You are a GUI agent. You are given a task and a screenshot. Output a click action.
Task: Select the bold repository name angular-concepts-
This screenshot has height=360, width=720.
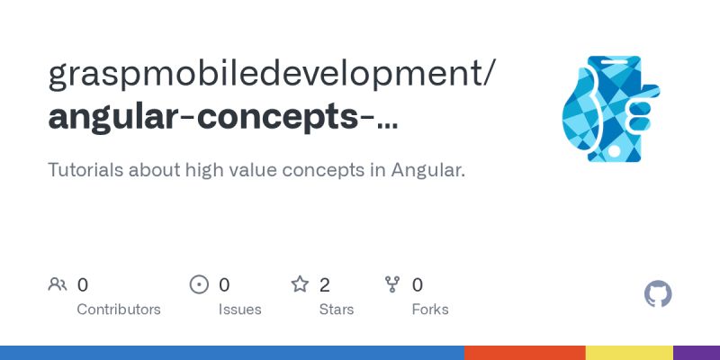[222, 118]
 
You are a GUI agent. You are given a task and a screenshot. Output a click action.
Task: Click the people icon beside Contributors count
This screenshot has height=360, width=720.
[58, 285]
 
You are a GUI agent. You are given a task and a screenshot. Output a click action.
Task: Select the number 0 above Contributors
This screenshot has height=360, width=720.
[83, 285]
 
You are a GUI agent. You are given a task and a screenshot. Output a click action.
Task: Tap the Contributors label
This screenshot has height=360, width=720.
[119, 310]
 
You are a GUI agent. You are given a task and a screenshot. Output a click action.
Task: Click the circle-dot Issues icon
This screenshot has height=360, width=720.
[199, 285]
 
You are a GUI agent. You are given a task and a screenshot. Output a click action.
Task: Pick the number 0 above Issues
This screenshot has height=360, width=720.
[224, 285]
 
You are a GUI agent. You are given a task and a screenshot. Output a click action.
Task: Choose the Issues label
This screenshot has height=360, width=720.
[239, 310]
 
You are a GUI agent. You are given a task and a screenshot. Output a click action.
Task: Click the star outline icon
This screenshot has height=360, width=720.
[300, 285]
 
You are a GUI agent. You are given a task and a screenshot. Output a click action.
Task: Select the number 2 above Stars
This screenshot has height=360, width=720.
[325, 285]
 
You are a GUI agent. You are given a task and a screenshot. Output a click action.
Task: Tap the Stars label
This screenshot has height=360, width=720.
[337, 310]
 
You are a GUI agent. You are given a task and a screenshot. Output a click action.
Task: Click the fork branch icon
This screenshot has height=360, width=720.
[392, 285]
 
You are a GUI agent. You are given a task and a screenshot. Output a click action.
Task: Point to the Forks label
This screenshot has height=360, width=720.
[430, 310]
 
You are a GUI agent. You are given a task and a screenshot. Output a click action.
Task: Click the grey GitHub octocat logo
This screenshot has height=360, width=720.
[659, 294]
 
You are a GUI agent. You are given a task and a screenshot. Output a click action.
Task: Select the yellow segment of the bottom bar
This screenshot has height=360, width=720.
[629, 352]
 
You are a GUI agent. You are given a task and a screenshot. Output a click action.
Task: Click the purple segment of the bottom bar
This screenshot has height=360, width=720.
[697, 352]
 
